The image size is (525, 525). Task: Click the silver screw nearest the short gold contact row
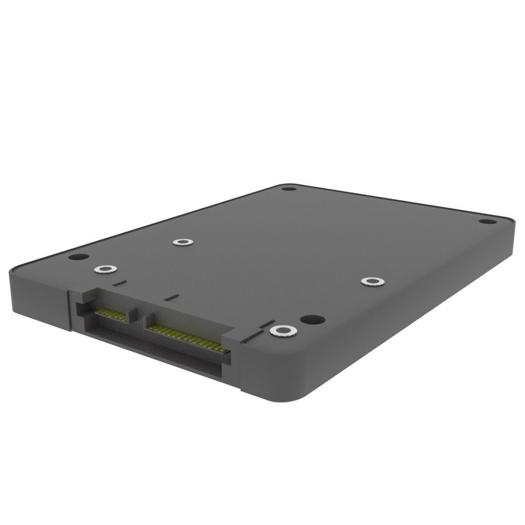coord(105,269)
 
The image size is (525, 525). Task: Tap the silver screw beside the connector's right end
coord(283,331)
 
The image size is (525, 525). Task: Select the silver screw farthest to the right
coord(372,281)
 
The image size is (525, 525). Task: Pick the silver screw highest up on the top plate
coord(182,242)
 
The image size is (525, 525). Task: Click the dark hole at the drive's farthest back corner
coord(289,188)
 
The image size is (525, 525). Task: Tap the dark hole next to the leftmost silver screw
coord(78,257)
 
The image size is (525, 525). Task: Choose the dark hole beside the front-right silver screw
coord(312,319)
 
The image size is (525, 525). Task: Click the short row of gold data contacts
coord(111,314)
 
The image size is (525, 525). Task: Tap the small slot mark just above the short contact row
coord(119,281)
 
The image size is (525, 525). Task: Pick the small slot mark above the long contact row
coord(171,297)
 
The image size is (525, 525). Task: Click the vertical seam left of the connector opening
coord(69,311)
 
